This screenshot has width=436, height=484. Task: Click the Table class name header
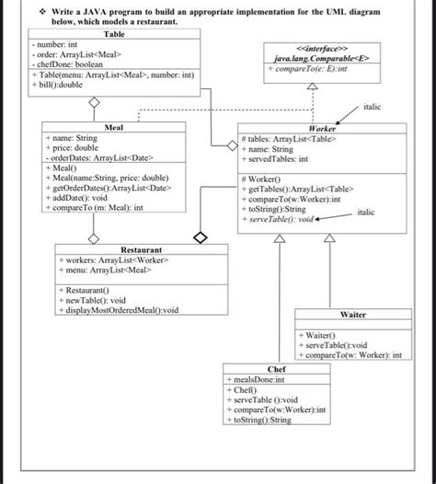tap(115, 33)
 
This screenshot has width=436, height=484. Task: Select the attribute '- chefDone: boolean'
tap(67, 63)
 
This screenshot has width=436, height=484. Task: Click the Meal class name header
tap(115, 127)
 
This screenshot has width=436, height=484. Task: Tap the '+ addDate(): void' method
tap(82, 198)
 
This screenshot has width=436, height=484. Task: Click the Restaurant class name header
tap(141, 249)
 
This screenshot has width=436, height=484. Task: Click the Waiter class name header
tap(353, 315)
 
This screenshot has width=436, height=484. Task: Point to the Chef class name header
tap(276, 369)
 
